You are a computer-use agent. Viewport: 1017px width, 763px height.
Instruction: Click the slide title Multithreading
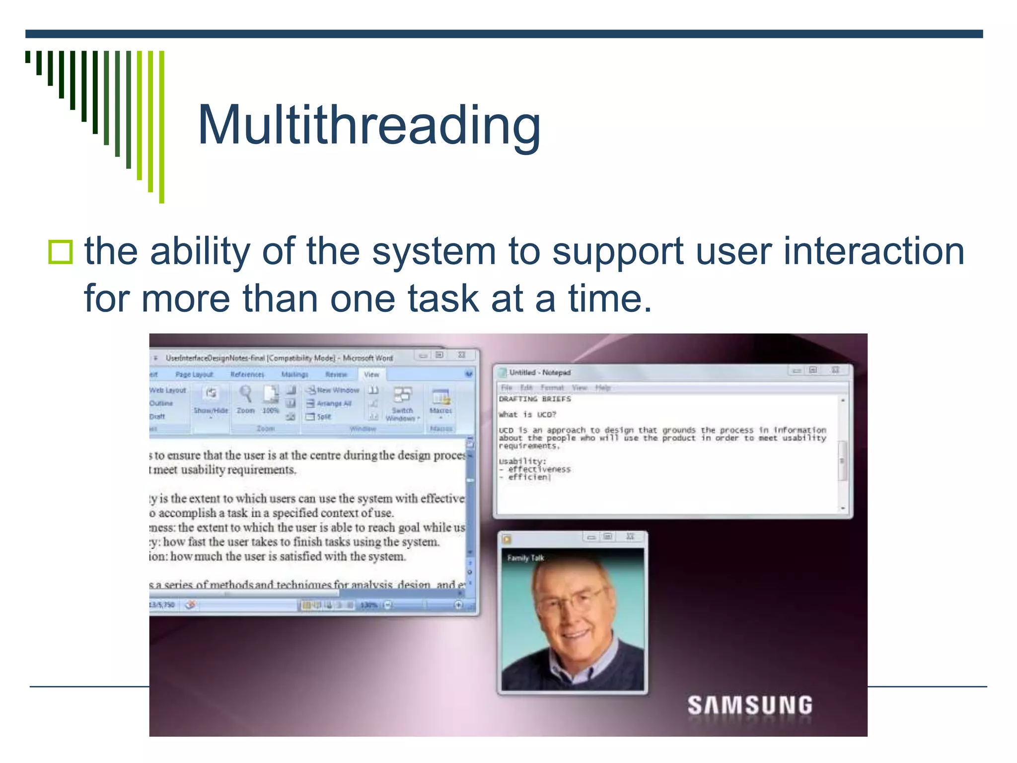coord(368,125)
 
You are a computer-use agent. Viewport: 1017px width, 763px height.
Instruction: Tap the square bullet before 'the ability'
coord(61,252)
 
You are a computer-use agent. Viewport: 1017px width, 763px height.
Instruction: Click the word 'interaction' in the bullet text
coord(874,251)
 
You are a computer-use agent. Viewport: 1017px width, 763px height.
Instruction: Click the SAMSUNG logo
coord(749,705)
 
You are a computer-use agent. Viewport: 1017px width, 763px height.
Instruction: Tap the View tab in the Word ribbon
coord(371,375)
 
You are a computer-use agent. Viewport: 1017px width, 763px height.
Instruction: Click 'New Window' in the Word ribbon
coord(338,390)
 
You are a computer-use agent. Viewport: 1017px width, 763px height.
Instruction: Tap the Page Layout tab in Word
coord(194,375)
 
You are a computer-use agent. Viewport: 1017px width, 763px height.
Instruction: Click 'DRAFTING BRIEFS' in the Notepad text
coord(535,399)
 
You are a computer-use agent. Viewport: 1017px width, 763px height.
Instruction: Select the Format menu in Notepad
coord(552,387)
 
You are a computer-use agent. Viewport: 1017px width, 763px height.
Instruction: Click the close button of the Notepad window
coord(835,370)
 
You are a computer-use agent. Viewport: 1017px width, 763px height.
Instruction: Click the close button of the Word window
coord(461,355)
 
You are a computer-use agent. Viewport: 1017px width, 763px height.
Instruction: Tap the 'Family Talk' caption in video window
coord(525,558)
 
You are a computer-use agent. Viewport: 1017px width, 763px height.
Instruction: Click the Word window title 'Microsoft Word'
coord(367,358)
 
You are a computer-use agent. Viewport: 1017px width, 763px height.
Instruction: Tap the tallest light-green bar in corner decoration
coord(161,127)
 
